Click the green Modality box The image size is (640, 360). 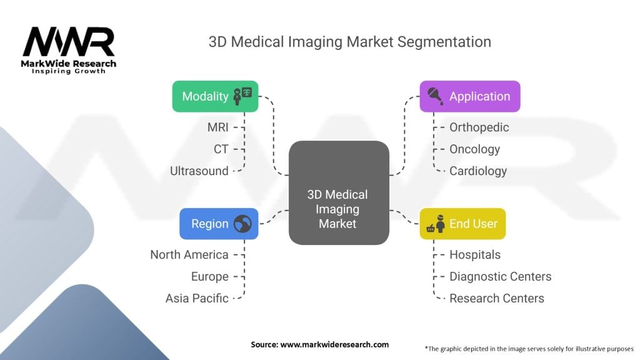coord(215,96)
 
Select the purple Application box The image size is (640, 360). coord(470,96)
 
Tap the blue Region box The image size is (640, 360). coord(219,224)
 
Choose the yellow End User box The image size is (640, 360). coord(462,224)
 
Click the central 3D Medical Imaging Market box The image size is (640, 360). coord(339,192)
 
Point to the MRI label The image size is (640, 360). coord(217,127)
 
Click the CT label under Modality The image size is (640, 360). coord(221,149)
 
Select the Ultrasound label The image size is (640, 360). coord(199,171)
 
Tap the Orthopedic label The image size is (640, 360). coord(479,127)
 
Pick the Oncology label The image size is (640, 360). coord(475,149)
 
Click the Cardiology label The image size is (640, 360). coord(478,171)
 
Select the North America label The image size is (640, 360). coord(189,255)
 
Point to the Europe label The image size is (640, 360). coord(210,277)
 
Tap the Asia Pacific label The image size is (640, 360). coord(197,298)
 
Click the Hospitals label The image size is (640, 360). coord(475,255)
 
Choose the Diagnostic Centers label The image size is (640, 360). coord(501,277)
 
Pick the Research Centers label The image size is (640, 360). coord(497,298)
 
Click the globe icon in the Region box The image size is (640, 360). coord(242,224)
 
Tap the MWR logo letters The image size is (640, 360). coord(69,42)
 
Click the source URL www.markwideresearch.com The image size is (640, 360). coord(334,344)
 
